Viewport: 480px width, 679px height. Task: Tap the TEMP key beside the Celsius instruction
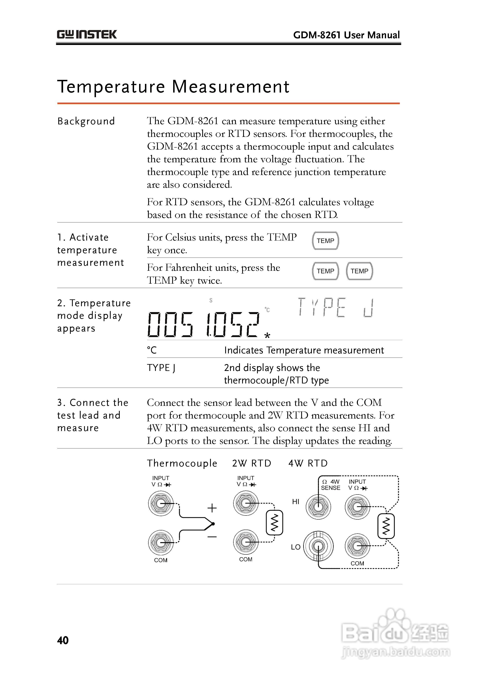pyautogui.click(x=325, y=241)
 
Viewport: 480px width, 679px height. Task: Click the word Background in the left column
pyautogui.click(x=86, y=121)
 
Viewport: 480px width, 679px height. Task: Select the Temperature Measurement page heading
pyautogui.click(x=173, y=87)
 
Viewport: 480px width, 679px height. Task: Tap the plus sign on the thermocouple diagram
pyautogui.click(x=212, y=508)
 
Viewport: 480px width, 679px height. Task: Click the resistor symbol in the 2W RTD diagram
pyautogui.click(x=274, y=523)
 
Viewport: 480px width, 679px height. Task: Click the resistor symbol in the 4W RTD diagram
pyautogui.click(x=386, y=526)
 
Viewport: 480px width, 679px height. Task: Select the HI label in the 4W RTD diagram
pyautogui.click(x=296, y=502)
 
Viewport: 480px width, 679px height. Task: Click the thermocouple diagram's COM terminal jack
pyautogui.click(x=161, y=542)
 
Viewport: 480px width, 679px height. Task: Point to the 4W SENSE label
pyautogui.click(x=331, y=485)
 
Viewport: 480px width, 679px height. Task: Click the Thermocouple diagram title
pyautogui.click(x=182, y=463)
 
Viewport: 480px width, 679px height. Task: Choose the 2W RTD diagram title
pyautogui.click(x=251, y=463)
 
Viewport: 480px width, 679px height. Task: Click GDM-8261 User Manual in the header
pyautogui.click(x=346, y=35)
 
